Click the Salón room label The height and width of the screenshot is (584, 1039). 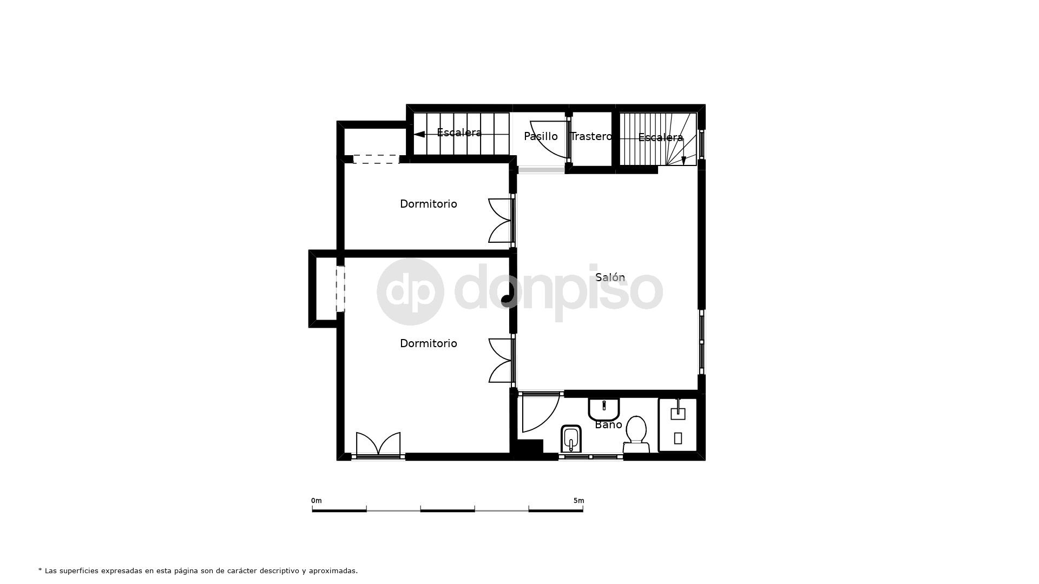click(610, 277)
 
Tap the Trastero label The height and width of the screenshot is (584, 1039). click(591, 136)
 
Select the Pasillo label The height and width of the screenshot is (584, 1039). click(541, 136)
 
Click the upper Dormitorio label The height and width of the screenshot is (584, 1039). click(428, 204)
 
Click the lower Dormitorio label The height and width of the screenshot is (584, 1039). click(428, 343)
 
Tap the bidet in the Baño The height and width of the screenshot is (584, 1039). click(571, 439)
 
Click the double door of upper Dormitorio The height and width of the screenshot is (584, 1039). click(501, 220)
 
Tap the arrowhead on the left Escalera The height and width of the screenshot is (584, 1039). click(419, 135)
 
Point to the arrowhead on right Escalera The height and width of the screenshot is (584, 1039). click(683, 160)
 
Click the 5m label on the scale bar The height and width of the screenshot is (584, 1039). click(578, 501)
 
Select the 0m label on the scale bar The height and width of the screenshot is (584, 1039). click(317, 501)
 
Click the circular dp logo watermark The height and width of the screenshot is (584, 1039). click(410, 291)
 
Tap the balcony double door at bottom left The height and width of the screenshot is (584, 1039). click(378, 444)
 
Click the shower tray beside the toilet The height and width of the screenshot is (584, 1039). click(678, 425)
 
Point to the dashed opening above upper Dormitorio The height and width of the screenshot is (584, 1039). click(376, 159)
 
